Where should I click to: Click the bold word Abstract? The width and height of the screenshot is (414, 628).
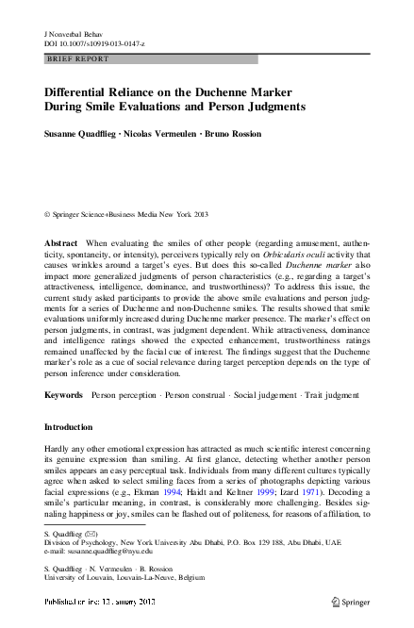coord(61,243)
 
